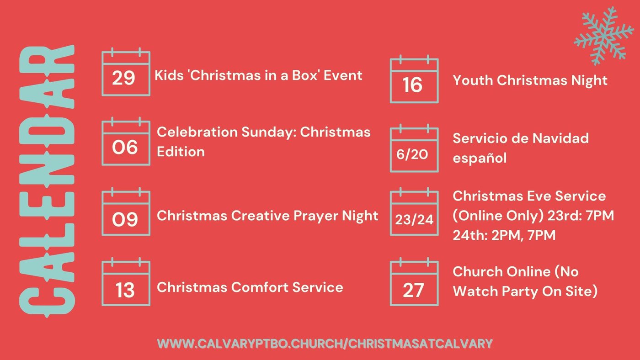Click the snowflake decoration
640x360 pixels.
click(604, 36)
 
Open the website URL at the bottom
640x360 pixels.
click(325, 344)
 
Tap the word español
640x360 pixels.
click(480, 158)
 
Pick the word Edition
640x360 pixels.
click(181, 152)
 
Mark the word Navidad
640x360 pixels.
click(560, 138)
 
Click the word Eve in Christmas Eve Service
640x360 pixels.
click(539, 196)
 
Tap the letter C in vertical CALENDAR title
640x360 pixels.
click(47, 302)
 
